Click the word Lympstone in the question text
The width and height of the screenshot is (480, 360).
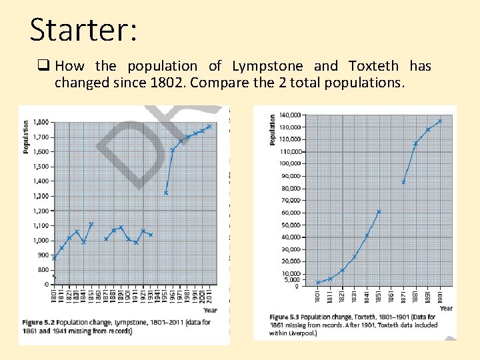[267, 66]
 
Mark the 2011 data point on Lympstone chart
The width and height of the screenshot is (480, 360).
[209, 126]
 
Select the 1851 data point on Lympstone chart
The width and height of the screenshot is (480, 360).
[91, 224]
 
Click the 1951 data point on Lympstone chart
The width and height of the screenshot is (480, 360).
[165, 193]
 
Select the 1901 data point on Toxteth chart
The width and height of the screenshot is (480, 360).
[440, 121]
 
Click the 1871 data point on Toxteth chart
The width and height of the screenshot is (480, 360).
[403, 182]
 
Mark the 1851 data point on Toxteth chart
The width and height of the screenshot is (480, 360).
[379, 212]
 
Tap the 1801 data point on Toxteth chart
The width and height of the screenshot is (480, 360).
[317, 283]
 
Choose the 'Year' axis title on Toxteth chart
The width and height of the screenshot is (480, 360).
[446, 308]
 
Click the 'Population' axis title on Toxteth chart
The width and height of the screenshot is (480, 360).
[273, 129]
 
